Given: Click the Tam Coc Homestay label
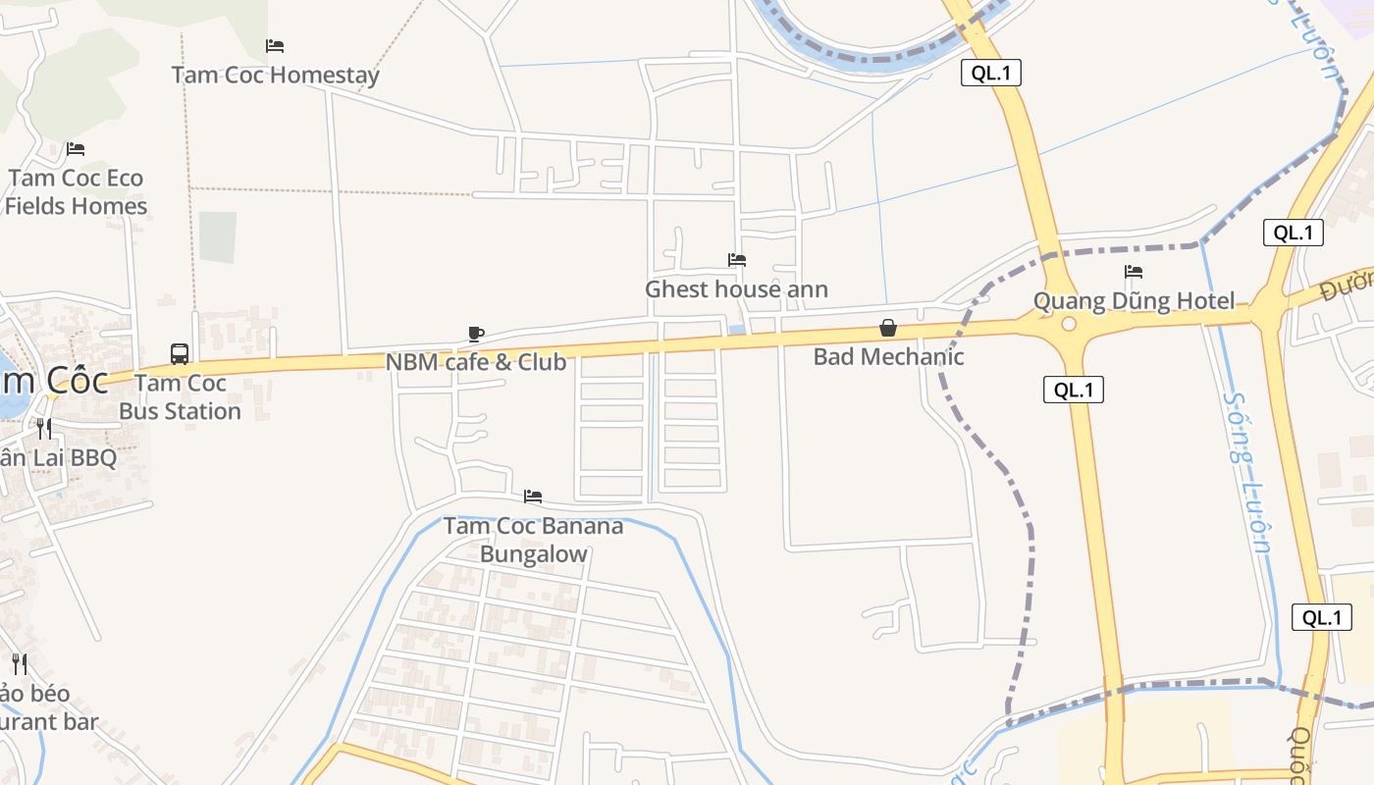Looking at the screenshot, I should tap(275, 75).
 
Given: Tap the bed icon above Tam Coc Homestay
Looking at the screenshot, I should tap(275, 46).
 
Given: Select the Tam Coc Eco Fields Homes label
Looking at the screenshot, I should tap(77, 192).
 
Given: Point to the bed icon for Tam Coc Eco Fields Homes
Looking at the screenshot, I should tap(76, 149).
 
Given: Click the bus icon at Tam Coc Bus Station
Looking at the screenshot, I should tap(180, 354).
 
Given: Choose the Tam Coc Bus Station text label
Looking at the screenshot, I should tap(180, 396).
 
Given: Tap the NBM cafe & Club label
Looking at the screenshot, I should tap(475, 362).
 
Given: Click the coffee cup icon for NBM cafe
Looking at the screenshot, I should tap(476, 334).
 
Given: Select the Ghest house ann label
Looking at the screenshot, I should tap(736, 289).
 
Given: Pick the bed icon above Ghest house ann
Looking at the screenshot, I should tap(737, 260).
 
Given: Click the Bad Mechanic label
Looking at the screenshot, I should tap(888, 357).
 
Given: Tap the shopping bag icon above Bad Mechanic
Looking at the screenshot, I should tap(888, 328).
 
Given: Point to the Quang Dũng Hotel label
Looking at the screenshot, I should tap(1134, 301).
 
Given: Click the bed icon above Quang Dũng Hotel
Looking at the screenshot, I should tap(1134, 272).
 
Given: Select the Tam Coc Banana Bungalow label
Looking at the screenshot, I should tap(533, 540).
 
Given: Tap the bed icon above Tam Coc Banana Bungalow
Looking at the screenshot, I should tap(533, 497).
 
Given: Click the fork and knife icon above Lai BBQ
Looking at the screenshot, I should tap(44, 428).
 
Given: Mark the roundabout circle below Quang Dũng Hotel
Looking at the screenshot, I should tap(1069, 324).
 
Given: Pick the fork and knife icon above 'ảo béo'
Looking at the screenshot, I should tap(20, 664).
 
